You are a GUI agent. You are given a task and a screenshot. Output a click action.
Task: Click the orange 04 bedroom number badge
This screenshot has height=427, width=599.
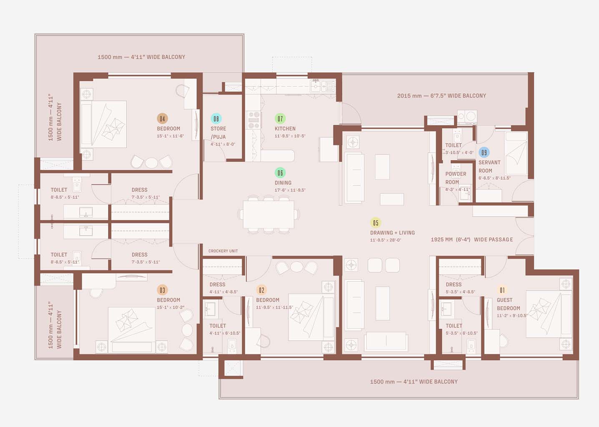pos(162,118)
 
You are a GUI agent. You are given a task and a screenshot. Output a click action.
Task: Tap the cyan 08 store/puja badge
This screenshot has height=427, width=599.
pos(216,118)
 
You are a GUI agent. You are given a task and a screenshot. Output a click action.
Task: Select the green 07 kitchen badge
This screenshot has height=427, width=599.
pos(280,118)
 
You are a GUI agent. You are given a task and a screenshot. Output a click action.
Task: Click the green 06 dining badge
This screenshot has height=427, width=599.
pos(280,173)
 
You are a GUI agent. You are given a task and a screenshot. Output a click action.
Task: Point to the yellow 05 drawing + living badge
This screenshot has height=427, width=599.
pos(375,223)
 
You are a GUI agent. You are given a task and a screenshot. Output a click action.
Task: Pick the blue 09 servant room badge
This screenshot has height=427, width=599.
pos(484,152)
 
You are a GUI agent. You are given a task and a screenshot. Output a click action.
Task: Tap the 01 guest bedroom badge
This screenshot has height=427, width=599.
pos(502,290)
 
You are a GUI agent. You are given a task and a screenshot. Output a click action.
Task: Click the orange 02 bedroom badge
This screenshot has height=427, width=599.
pos(262,290)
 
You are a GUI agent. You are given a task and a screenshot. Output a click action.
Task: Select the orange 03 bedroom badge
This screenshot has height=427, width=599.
pos(162,290)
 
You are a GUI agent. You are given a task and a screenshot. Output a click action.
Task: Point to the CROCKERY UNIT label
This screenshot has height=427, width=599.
pos(223,251)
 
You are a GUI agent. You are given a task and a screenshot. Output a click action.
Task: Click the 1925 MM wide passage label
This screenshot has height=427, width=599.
pos(472,239)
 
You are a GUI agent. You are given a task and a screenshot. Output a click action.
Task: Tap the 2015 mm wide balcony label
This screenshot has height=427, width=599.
pos(441,95)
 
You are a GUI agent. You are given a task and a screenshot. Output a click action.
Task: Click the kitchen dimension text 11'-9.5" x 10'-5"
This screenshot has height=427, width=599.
pos(290,136)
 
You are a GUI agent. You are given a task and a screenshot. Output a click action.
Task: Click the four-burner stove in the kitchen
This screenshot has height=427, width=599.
pos(254,120)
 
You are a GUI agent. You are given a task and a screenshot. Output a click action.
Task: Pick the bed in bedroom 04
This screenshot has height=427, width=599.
pos(104,124)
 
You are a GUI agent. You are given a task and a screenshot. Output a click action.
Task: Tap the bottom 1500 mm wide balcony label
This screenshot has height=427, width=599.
pos(413,382)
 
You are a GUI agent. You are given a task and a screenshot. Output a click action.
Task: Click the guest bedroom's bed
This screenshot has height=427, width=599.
pos(549,314)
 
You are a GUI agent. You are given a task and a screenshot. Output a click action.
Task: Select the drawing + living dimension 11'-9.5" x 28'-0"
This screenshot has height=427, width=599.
pos(385,240)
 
